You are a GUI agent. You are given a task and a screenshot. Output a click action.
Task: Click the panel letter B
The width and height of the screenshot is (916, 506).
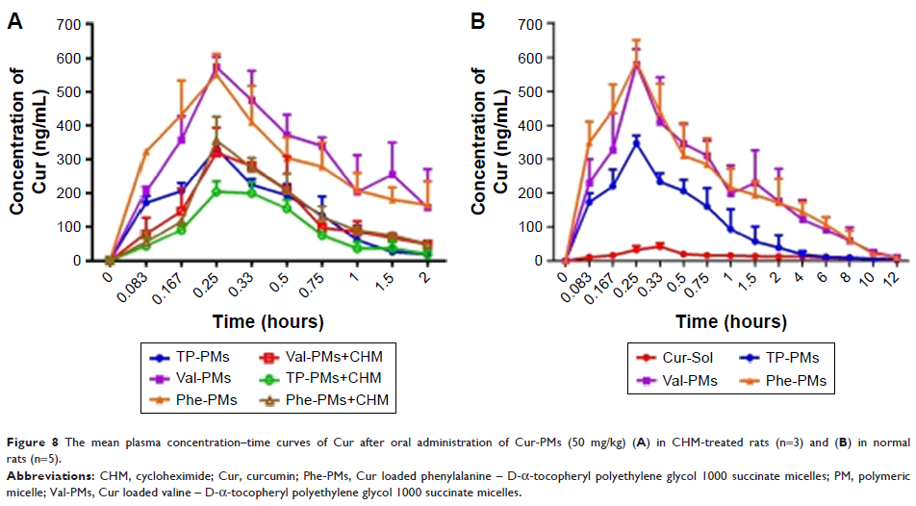[x=475, y=19]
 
